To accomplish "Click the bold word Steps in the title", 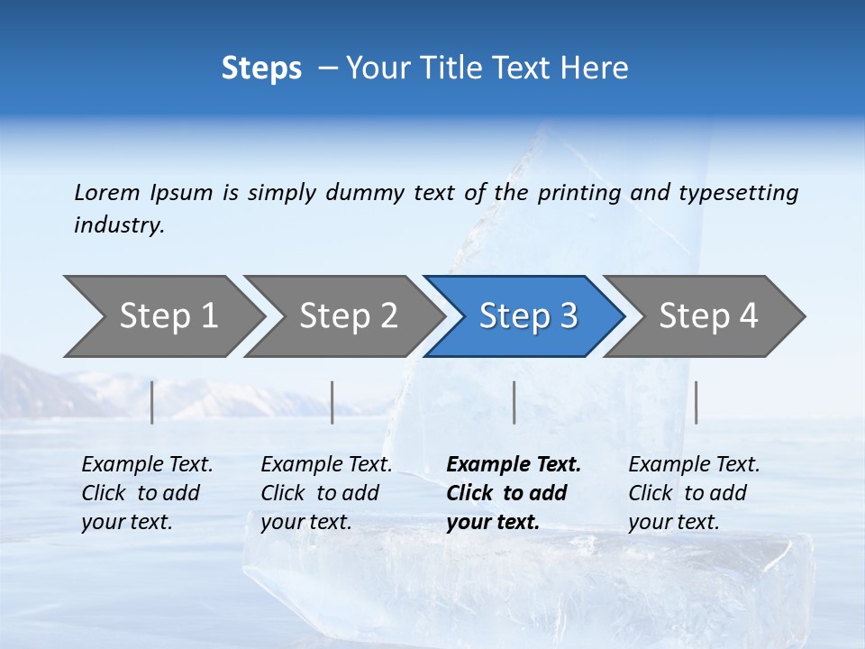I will [x=261, y=68].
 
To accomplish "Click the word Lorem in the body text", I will [x=107, y=192].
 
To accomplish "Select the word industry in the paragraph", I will [x=119, y=225].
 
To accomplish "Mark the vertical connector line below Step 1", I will [x=152, y=402].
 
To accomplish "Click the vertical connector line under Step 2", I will [x=332, y=402].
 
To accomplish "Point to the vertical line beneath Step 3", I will [x=514, y=402].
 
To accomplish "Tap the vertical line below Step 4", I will [x=696, y=402].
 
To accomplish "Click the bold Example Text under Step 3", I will [x=514, y=492].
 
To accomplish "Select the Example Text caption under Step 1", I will [x=147, y=492].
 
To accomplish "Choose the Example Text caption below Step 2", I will [x=326, y=492].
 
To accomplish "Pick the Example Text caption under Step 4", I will [x=694, y=492].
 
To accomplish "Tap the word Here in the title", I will [x=598, y=68].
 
